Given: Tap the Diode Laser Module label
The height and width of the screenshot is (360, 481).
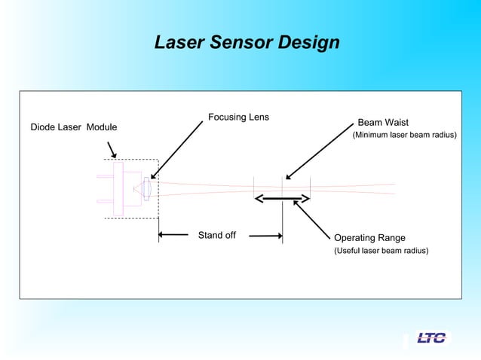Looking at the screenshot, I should [x=73, y=127].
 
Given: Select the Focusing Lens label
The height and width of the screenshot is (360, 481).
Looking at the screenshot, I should [x=238, y=117].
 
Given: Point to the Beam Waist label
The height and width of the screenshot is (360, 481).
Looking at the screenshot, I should [x=383, y=122].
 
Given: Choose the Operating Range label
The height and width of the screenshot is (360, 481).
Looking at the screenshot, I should [x=369, y=238].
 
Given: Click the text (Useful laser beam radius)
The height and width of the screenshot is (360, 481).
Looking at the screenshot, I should [x=381, y=250].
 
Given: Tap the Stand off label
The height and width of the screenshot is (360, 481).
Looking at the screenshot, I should [x=216, y=235].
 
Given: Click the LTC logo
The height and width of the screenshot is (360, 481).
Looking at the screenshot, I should [x=431, y=337].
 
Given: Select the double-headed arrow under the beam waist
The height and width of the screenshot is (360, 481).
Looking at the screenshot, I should [x=282, y=199].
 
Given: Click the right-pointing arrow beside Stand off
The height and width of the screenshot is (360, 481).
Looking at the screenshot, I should [x=266, y=236].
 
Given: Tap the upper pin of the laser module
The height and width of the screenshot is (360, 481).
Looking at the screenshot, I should [x=105, y=175].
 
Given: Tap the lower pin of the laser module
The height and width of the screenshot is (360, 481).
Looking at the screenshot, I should [x=105, y=201].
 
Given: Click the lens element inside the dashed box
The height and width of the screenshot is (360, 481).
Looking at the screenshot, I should [x=148, y=188].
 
